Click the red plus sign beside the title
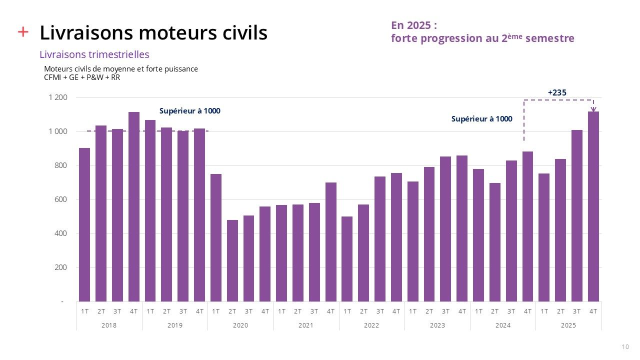[x=23, y=32]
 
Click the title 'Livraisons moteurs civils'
[x=153, y=33]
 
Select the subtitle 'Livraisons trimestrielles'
[x=94, y=54]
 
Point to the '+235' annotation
[x=557, y=92]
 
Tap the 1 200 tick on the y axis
[x=58, y=97]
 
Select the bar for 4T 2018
[x=134, y=206]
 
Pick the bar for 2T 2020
[x=232, y=260]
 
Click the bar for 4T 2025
[x=593, y=206]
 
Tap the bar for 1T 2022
[x=347, y=259]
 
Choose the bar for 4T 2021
[x=330, y=242]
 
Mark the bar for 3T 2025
[x=577, y=215]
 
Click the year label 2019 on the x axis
[x=175, y=325]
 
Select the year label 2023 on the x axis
[x=437, y=325]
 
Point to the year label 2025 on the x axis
[x=568, y=325]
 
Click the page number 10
[x=625, y=347]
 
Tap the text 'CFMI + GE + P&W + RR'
[x=82, y=77]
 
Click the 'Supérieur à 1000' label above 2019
[x=189, y=111]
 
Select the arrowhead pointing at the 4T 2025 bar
[x=593, y=109]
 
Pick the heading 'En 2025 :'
[x=414, y=25]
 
